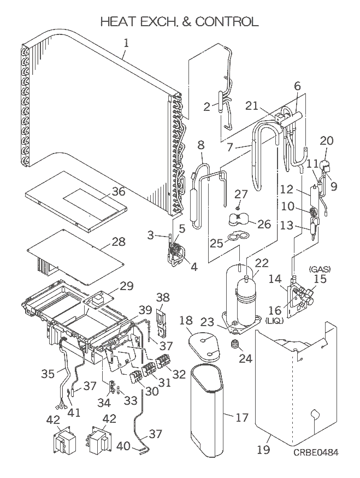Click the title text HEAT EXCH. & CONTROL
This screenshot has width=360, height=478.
click(x=179, y=22)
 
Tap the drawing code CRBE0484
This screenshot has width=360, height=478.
click(x=315, y=453)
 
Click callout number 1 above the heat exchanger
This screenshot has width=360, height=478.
click(x=127, y=42)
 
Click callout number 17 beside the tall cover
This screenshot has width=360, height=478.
click(x=241, y=418)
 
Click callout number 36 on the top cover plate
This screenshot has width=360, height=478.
click(x=118, y=191)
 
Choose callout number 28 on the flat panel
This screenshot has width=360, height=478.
click(x=118, y=242)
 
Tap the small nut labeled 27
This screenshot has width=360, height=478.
click(x=238, y=207)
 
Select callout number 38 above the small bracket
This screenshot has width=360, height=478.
click(x=162, y=298)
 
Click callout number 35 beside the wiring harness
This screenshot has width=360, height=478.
click(x=48, y=374)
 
